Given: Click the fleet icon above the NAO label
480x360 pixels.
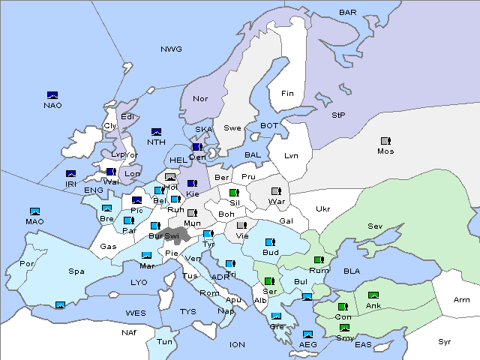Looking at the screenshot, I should [52, 95].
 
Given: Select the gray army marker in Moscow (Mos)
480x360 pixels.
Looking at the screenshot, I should [385, 140].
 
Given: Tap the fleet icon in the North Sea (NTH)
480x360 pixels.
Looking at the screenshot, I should [157, 132].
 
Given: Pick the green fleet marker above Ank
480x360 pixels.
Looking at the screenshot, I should [373, 295].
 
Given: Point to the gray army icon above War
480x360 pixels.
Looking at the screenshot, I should [275, 191].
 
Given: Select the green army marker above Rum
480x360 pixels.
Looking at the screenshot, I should [318, 260].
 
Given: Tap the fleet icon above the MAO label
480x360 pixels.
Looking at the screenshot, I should [34, 211].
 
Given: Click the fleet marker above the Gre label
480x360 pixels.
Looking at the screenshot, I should [276, 316].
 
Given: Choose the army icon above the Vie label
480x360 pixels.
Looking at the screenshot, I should [241, 225].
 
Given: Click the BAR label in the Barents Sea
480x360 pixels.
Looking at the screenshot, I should [348, 13].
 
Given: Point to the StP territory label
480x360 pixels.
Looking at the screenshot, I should [337, 115].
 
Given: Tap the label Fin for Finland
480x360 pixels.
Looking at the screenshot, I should [286, 94].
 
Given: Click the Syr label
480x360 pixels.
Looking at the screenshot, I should [445, 341].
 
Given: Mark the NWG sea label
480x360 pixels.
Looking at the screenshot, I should [171, 49].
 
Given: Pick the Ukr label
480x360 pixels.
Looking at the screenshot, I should [322, 209].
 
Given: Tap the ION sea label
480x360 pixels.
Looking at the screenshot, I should [237, 344].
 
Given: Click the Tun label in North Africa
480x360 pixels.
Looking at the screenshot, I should [164, 341].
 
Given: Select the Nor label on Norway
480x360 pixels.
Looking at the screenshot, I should [200, 98].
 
